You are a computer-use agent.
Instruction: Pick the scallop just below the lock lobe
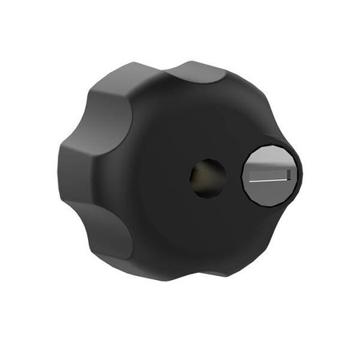272,232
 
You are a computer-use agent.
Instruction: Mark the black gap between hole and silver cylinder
233,177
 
